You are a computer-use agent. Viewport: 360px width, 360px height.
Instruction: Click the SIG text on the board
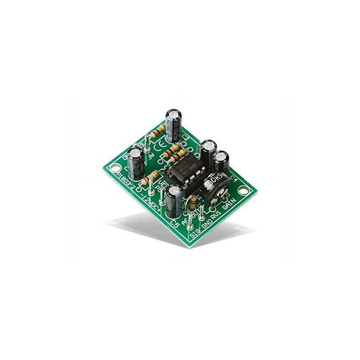click(x=194, y=234)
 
